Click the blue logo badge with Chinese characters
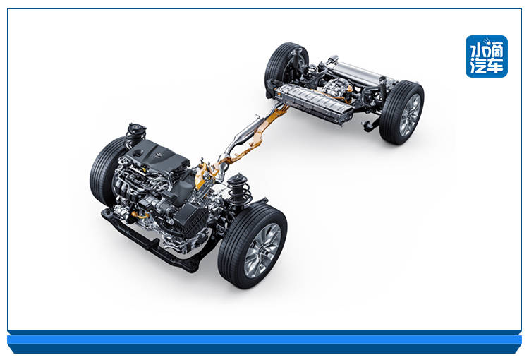[487, 56]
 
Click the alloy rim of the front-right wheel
[262, 251]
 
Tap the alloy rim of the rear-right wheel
[411, 115]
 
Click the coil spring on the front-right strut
[239, 193]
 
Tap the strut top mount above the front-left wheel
[136, 130]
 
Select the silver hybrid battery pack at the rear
[314, 103]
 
